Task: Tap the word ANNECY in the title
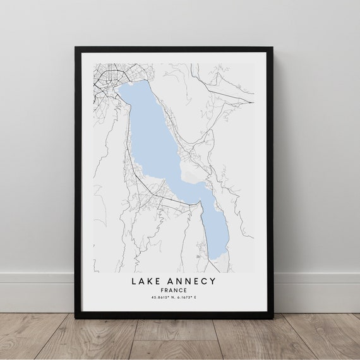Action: pyautogui.click(x=191, y=280)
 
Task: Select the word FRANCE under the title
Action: pyautogui.click(x=174, y=290)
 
